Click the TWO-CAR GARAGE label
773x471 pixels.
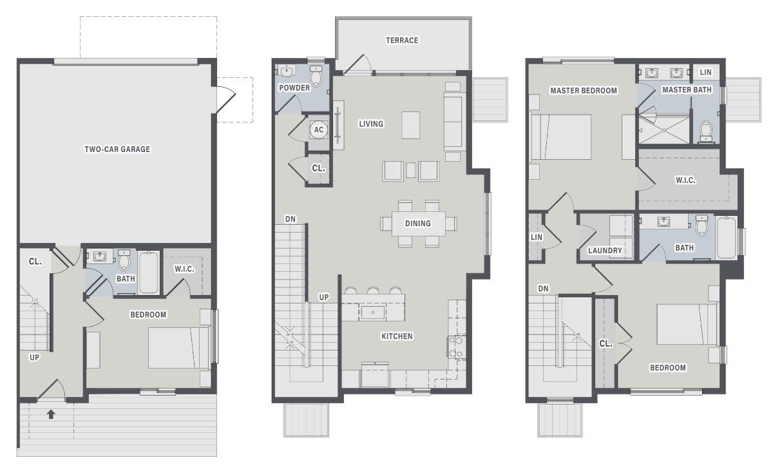[x=117, y=149]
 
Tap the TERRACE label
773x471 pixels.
[x=402, y=40]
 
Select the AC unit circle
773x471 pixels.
[x=318, y=130]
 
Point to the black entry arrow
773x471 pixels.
[x=52, y=414]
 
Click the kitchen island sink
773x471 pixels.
[x=372, y=313]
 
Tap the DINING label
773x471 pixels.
[x=417, y=224]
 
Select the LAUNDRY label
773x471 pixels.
[x=605, y=251]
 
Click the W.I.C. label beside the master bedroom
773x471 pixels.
[x=685, y=180]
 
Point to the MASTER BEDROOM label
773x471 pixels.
[x=584, y=91]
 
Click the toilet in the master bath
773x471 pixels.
[x=707, y=131]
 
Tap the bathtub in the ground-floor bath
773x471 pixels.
[x=149, y=272]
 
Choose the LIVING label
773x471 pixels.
[x=370, y=124]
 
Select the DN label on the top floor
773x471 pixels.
[x=543, y=289]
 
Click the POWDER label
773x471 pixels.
[x=294, y=88]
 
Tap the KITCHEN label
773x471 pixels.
[x=397, y=336]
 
